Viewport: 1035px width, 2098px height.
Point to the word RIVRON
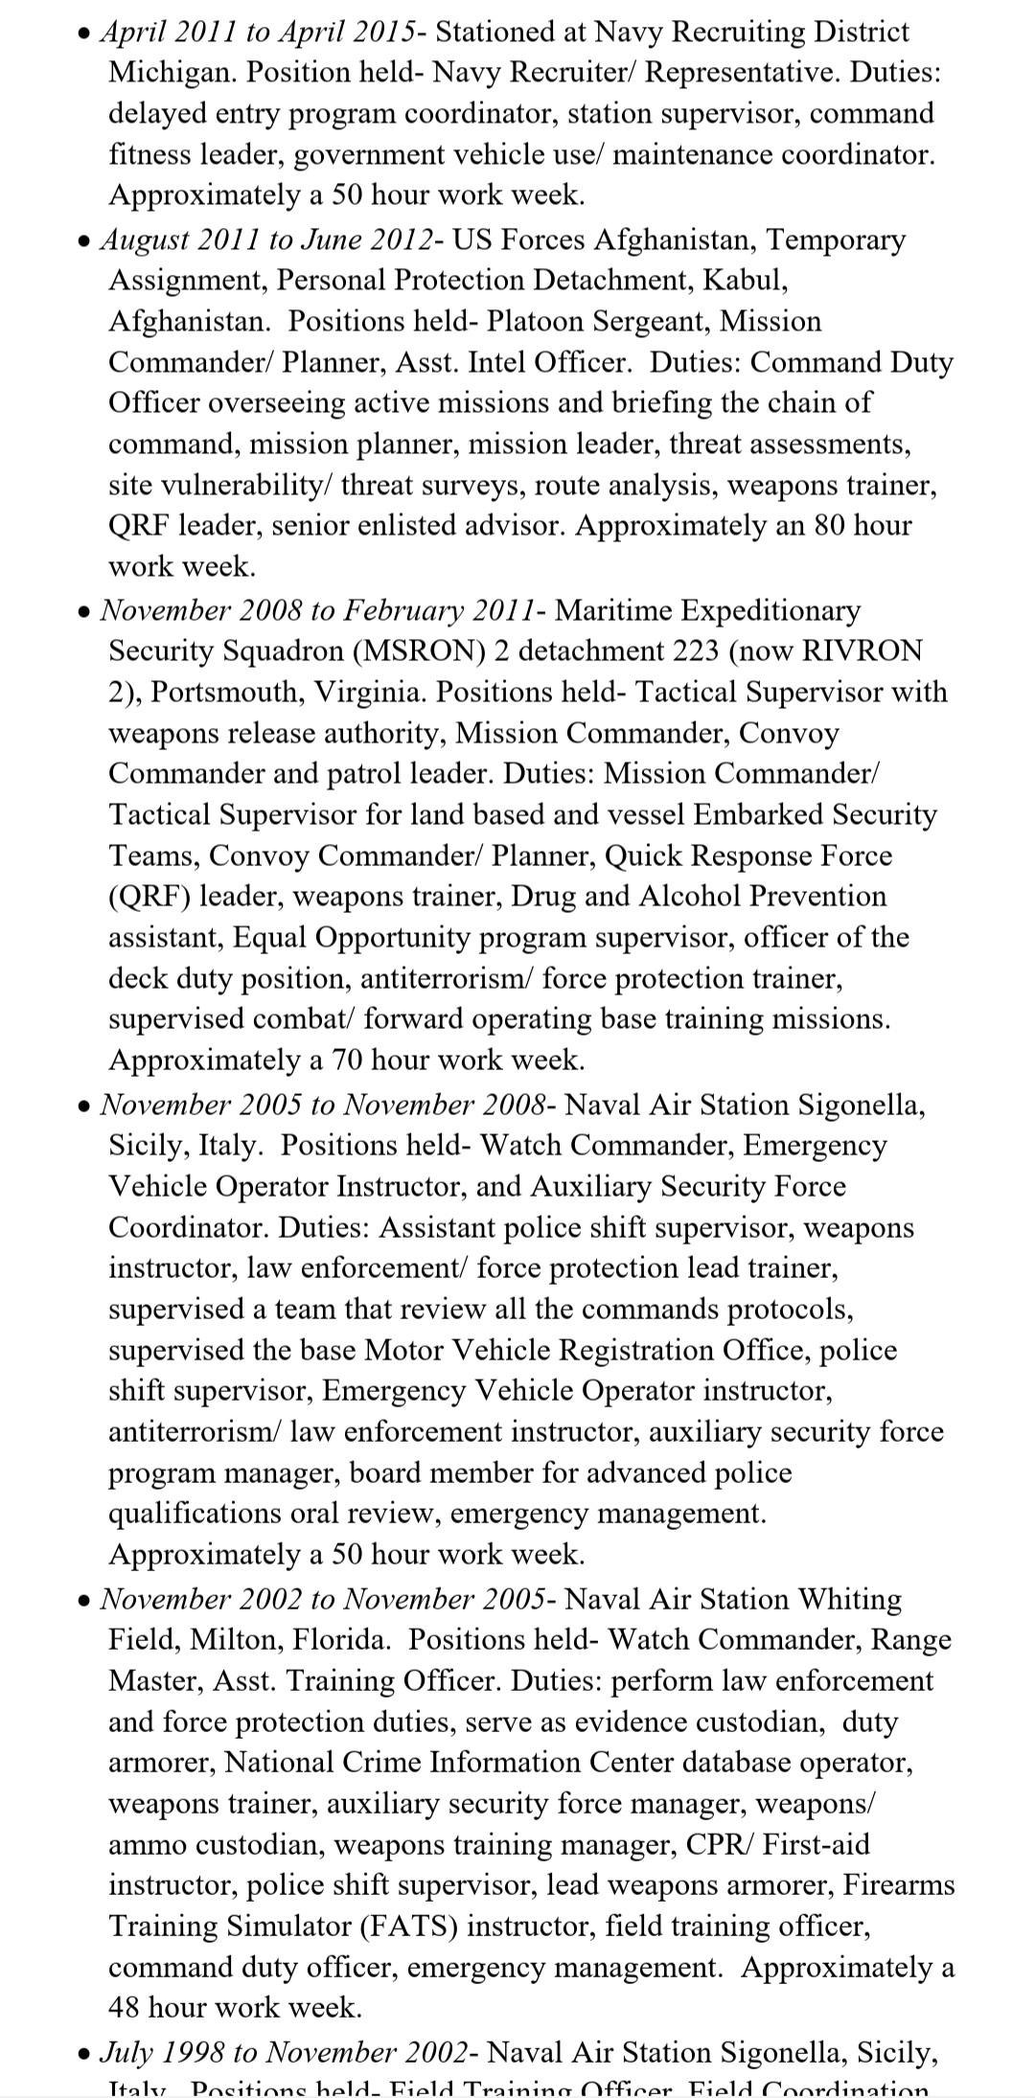tap(862, 650)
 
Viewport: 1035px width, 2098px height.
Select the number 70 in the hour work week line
tap(347, 1060)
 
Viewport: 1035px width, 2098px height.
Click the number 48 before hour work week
tap(125, 2008)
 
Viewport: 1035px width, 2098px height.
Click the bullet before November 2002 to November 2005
tap(85, 1601)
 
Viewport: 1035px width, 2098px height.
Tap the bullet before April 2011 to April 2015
tap(85, 34)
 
